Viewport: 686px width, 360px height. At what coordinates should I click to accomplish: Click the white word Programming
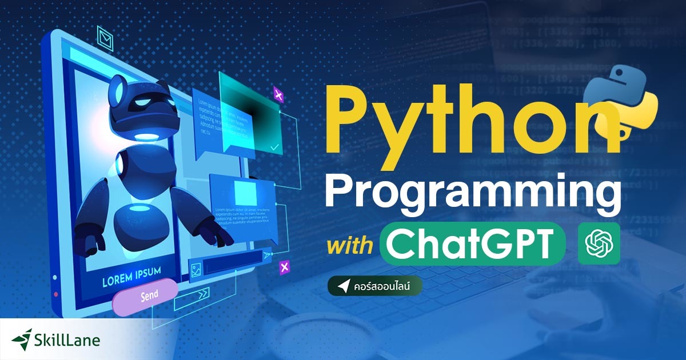tap(473, 193)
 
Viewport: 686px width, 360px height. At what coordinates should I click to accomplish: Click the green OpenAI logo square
tap(599, 243)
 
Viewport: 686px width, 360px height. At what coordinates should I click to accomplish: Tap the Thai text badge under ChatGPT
tap(375, 286)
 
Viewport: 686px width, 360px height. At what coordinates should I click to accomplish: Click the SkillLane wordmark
tap(67, 341)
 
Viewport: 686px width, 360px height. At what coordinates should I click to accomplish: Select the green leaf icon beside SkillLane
tap(22, 339)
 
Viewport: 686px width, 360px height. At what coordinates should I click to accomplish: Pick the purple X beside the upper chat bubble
tap(278, 94)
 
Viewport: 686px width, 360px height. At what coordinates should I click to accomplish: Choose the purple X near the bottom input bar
tap(284, 266)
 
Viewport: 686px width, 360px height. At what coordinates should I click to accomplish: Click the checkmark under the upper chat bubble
tap(275, 147)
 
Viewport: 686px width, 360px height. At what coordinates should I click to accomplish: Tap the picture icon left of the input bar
tap(196, 269)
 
